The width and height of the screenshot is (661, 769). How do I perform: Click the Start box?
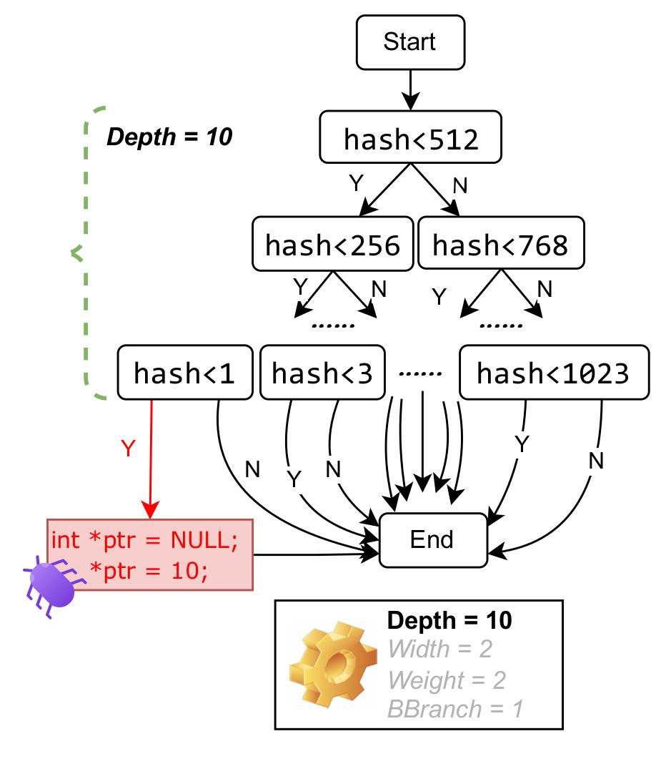point(409,41)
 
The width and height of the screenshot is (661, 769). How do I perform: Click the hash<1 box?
point(184,371)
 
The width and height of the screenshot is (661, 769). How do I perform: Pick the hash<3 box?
point(322,371)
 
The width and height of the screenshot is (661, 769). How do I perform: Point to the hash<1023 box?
point(554,371)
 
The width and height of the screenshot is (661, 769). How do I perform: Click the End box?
point(432,539)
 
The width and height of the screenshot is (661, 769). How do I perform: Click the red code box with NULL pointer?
point(150,554)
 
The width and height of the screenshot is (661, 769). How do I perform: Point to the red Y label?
point(128,449)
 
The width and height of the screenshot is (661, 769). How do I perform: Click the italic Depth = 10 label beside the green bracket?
point(169,137)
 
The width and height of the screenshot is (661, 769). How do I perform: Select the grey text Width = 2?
point(439,650)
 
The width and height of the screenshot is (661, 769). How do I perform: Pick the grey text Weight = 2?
point(446,680)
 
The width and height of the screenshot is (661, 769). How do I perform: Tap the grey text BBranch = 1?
point(455,709)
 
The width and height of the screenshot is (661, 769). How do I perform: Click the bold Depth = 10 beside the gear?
point(449,620)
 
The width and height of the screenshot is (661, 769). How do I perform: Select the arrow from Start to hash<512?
point(409,89)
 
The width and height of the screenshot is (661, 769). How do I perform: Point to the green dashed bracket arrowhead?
point(75,251)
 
